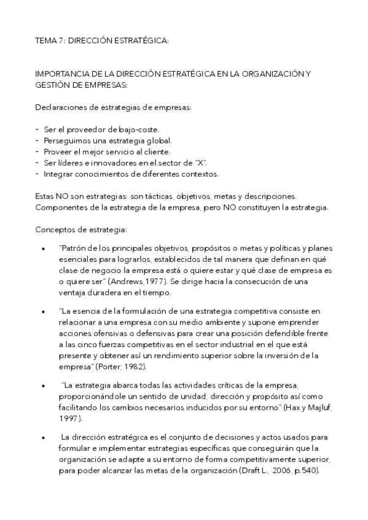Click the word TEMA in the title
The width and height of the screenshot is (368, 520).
46,40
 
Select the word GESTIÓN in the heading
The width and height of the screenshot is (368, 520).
54,85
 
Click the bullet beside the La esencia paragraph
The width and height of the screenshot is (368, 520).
42,312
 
